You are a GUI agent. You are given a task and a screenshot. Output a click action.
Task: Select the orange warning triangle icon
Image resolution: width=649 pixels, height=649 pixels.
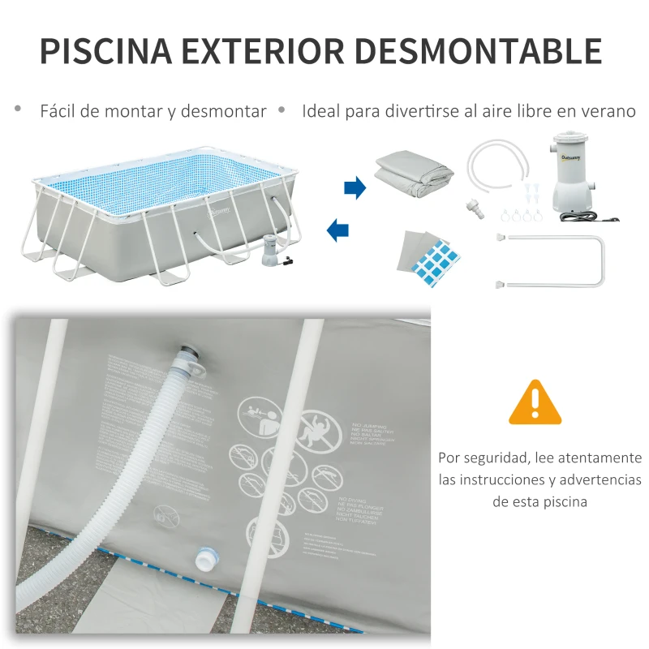(535, 402)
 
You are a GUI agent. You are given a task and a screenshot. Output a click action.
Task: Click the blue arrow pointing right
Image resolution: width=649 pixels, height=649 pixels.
(355, 188)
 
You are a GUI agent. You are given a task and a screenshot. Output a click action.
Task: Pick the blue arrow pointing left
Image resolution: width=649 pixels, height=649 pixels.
(338, 230)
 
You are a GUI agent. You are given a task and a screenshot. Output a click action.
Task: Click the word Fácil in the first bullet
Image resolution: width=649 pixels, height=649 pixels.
(58, 111)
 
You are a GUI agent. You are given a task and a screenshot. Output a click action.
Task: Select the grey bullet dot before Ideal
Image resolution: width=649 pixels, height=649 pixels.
(282, 109)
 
